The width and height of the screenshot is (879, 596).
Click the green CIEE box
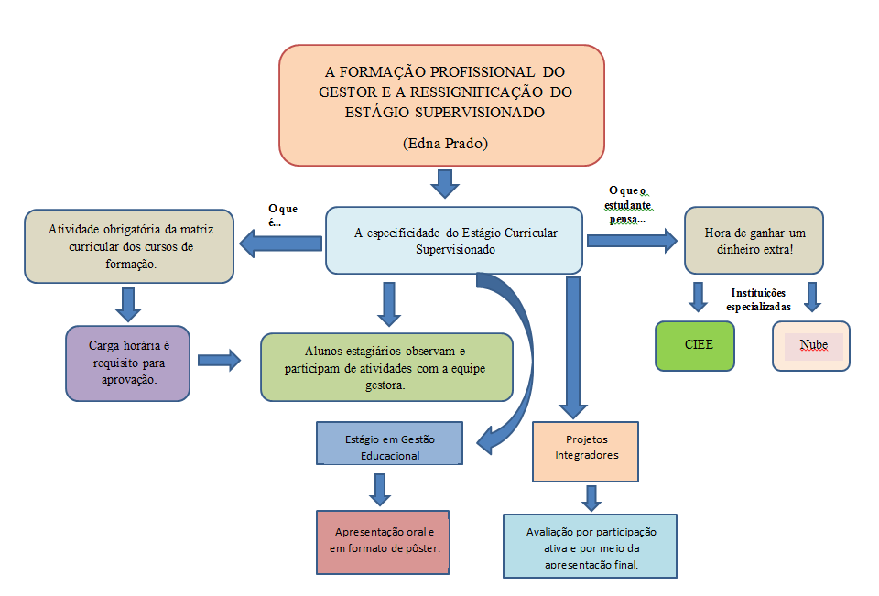click(695, 345)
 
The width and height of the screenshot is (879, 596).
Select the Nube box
click(811, 345)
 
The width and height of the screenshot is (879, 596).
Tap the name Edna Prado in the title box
click(442, 144)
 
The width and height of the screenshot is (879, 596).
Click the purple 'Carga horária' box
click(128, 363)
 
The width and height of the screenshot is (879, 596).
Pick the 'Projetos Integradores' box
click(584, 450)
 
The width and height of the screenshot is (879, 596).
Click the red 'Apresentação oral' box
click(383, 540)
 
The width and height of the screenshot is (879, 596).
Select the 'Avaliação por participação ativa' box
click(590, 547)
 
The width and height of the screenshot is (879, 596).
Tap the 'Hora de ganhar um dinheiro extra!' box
click(754, 241)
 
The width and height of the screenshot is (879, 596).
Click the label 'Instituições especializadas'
click(758, 299)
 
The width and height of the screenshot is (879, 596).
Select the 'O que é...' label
click(282, 215)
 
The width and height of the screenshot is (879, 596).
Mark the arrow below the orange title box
click(445, 184)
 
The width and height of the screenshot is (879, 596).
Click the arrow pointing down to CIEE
click(699, 296)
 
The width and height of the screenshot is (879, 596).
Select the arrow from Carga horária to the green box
click(219, 359)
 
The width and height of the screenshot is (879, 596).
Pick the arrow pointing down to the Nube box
click(810, 296)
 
